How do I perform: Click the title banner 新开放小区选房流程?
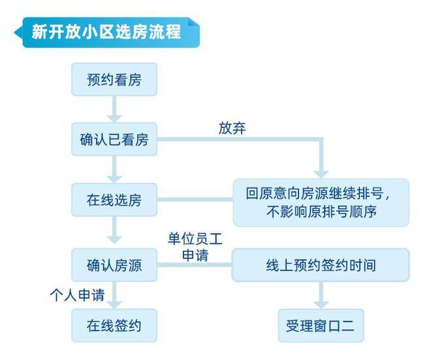point(108,31)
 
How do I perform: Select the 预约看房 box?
point(114,80)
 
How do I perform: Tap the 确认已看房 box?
point(114,140)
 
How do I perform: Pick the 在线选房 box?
point(114,200)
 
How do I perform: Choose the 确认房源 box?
point(114,265)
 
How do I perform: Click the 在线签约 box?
point(114,325)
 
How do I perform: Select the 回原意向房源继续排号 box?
point(321,203)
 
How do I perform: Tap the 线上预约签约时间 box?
point(321,265)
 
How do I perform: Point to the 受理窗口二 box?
point(321,325)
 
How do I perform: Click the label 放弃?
point(232,128)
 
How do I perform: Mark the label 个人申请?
point(77,295)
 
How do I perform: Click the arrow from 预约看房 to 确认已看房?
point(114,109)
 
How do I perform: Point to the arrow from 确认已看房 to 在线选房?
point(114,169)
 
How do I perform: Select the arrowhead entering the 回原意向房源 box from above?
point(321,171)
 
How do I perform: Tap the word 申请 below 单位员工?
point(194,254)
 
